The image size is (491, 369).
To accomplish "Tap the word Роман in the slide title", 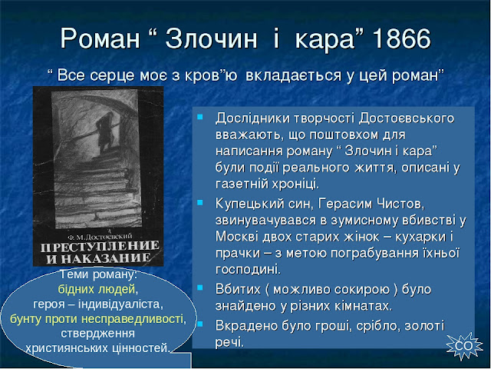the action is (100, 39).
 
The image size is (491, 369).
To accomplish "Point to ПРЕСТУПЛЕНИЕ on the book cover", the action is (100, 246).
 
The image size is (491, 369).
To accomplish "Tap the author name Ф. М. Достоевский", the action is (100, 236).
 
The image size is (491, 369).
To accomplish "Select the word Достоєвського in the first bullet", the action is (407, 118).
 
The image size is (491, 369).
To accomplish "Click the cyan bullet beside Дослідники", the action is (199, 118).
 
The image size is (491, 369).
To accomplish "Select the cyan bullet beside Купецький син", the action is (199, 203).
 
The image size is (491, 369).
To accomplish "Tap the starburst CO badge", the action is (463, 346).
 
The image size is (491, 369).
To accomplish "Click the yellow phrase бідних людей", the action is (97, 289).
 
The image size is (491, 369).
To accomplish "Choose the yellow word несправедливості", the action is (133, 319).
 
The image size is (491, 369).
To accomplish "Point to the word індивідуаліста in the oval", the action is (118, 304).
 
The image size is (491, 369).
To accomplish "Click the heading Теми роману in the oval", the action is (98, 275).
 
